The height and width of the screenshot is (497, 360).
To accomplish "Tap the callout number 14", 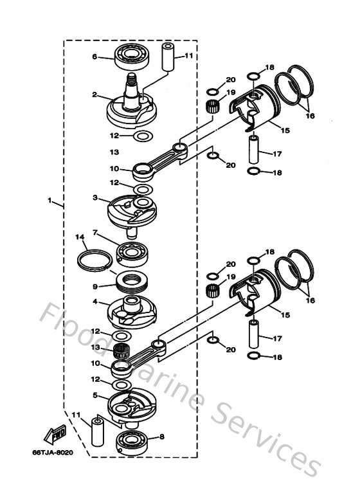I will [x=80, y=237].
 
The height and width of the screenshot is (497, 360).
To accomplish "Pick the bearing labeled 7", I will [x=134, y=252].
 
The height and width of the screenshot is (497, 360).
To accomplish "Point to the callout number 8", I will [x=161, y=437].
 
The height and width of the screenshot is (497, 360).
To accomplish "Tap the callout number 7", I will [x=94, y=232].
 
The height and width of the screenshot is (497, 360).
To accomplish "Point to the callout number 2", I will [x=94, y=95].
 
